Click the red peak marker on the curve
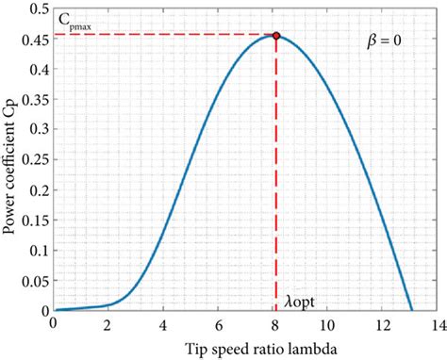tap(276, 36)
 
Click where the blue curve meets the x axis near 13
tap(412, 309)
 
